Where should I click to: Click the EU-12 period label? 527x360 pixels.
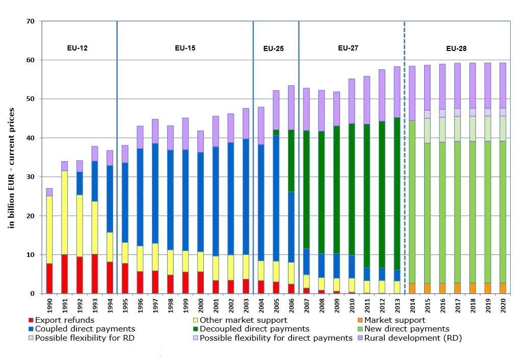(77, 48)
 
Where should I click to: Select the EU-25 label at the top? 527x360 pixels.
(273, 49)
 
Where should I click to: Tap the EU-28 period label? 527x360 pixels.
(456, 49)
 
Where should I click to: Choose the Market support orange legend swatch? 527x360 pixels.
(361, 320)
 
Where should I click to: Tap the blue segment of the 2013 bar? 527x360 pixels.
(397, 275)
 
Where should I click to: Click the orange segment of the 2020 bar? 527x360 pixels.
(503, 288)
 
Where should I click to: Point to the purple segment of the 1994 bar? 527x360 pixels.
(110, 158)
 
